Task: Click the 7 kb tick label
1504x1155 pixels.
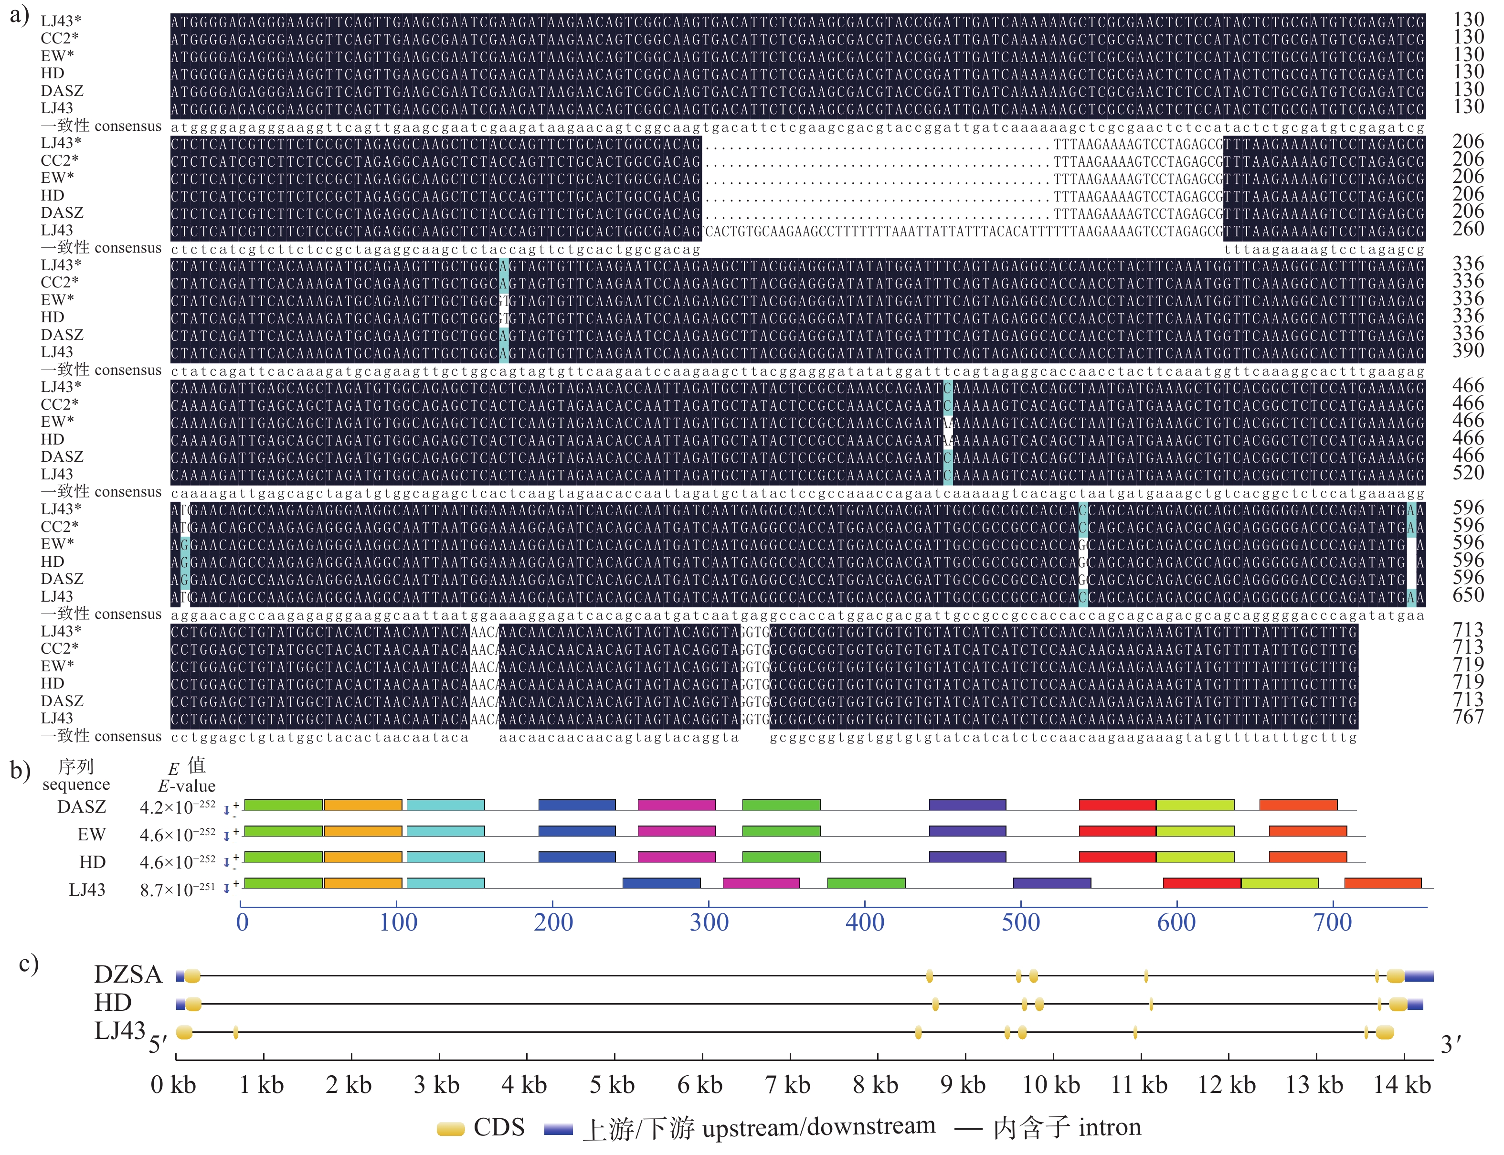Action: point(788,1085)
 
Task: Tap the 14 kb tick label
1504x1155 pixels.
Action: point(1401,1085)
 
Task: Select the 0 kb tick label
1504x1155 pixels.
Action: point(173,1085)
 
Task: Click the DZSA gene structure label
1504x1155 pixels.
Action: point(128,975)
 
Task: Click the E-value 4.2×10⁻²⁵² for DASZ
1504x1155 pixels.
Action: point(177,806)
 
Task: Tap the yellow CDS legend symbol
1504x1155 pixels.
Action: point(451,1129)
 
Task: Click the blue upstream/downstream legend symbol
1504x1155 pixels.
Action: point(558,1129)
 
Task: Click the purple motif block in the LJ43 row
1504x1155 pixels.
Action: point(1052,883)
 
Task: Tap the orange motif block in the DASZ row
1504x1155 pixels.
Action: point(363,805)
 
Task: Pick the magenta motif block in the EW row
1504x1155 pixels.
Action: point(677,831)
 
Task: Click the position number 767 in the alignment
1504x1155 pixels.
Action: point(1468,717)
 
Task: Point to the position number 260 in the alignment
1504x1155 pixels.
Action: point(1468,229)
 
